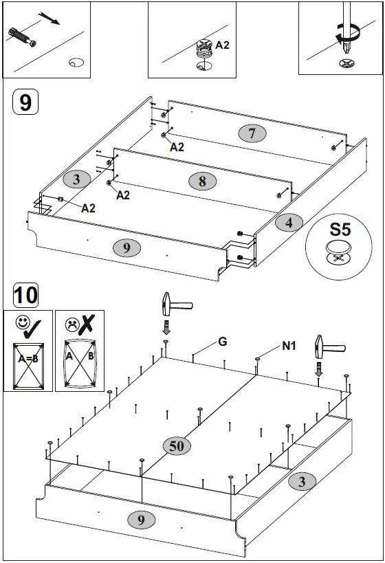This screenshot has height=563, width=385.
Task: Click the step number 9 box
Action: tap(25, 102)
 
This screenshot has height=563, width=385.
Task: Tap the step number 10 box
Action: tap(25, 296)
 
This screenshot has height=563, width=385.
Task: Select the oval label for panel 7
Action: tap(252, 133)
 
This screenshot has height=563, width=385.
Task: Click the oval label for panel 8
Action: tap(202, 181)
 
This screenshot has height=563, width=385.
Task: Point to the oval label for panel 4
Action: tap(289, 222)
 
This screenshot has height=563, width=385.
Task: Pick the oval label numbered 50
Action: tap(177, 445)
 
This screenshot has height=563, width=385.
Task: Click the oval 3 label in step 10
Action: tap(302, 481)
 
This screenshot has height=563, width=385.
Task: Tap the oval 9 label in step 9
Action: tap(126, 248)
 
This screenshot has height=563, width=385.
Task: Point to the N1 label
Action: tap(289, 346)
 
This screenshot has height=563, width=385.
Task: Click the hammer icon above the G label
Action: tap(167, 305)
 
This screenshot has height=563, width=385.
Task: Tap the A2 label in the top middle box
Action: tap(223, 45)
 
